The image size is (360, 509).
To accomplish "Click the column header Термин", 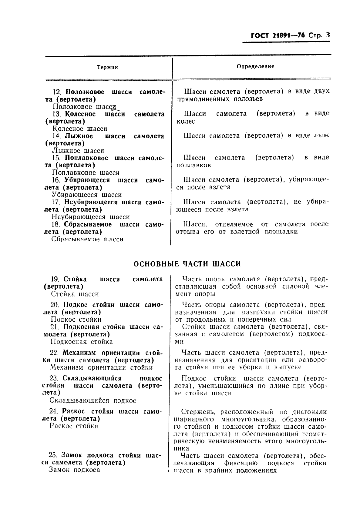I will click(x=107, y=67).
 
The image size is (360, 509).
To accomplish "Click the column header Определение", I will click(x=255, y=66).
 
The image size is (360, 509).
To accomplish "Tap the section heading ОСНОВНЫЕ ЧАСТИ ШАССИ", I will click(x=187, y=264).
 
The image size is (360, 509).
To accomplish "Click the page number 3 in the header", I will click(x=328, y=35).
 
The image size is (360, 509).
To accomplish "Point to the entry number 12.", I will click(x=56, y=92).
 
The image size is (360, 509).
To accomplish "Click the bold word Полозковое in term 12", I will click(x=85, y=92).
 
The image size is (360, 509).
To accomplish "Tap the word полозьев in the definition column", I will click(x=248, y=99).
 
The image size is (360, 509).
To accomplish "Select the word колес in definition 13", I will click(x=186, y=121).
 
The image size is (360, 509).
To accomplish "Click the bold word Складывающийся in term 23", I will click(x=92, y=378).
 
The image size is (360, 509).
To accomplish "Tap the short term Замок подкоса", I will click(x=74, y=470).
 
